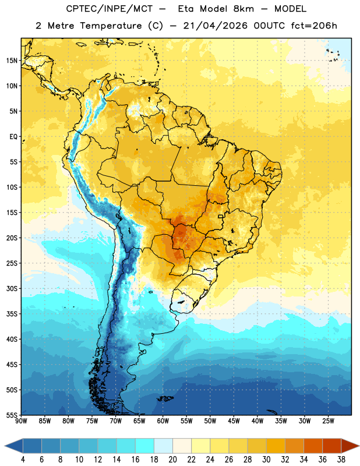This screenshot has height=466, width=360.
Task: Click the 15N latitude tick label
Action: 12,61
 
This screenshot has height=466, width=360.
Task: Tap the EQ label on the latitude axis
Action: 13,137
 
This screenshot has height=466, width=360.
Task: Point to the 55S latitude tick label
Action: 12,415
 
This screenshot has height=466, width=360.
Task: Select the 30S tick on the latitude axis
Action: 12,288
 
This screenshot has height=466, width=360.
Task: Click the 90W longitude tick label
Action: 21,421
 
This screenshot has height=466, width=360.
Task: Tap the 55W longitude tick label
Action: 186,421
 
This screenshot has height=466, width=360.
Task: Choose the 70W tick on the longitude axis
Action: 116,421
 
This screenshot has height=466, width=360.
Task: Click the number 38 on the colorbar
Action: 341,460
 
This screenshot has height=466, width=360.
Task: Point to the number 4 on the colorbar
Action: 23,460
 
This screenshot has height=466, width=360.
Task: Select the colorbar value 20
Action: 172,460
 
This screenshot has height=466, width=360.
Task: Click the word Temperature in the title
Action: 111,26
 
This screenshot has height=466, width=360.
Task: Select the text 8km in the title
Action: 243,9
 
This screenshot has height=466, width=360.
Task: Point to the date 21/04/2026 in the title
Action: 216,26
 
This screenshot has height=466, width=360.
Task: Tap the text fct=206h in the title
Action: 314,26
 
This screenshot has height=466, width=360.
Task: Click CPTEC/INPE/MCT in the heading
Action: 109,9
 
